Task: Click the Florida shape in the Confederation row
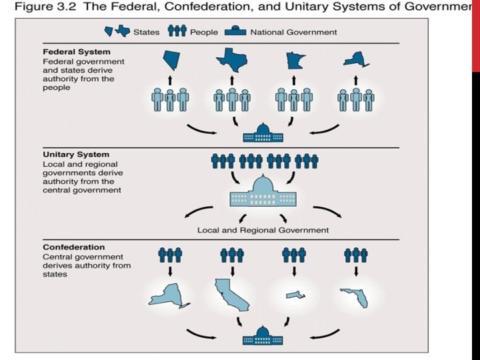point(355,297)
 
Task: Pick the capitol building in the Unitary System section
point(263,194)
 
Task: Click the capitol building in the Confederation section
point(263,337)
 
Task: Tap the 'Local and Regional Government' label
point(263,230)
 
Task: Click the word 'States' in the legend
point(146,32)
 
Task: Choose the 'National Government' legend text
point(293,32)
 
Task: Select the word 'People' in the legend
point(204,32)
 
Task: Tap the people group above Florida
point(355,255)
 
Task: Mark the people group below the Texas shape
point(232,100)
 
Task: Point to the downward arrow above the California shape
point(232,271)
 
